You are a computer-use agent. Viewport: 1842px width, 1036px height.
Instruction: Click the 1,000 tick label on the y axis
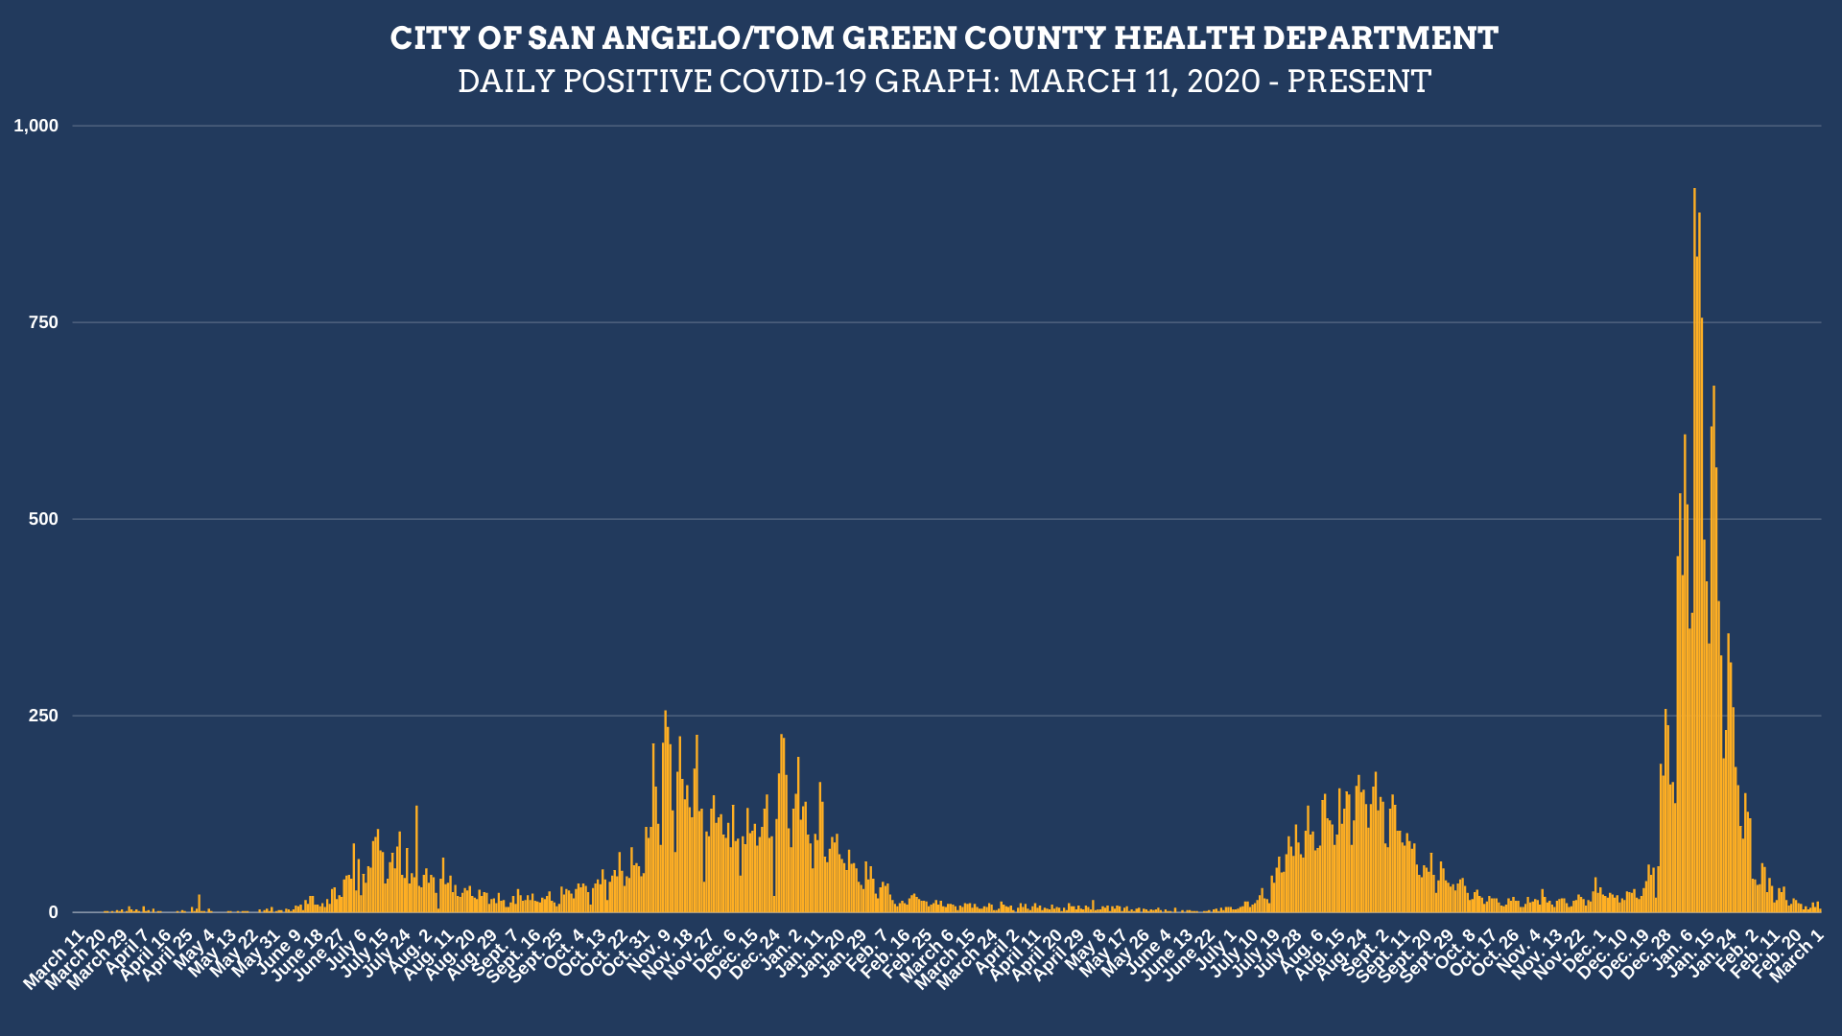click(x=35, y=126)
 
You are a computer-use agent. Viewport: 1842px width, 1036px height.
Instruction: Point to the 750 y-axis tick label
click(x=43, y=322)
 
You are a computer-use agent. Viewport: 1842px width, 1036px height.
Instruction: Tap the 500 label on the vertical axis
click(x=43, y=519)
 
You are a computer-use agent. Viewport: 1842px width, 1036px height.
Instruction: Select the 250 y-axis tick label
click(x=43, y=716)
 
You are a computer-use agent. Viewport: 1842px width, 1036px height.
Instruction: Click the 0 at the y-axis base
click(x=53, y=912)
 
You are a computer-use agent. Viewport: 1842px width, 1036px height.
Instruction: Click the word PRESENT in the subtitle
click(x=1358, y=82)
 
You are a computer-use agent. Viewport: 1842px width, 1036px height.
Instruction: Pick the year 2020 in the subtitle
click(x=1223, y=82)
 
